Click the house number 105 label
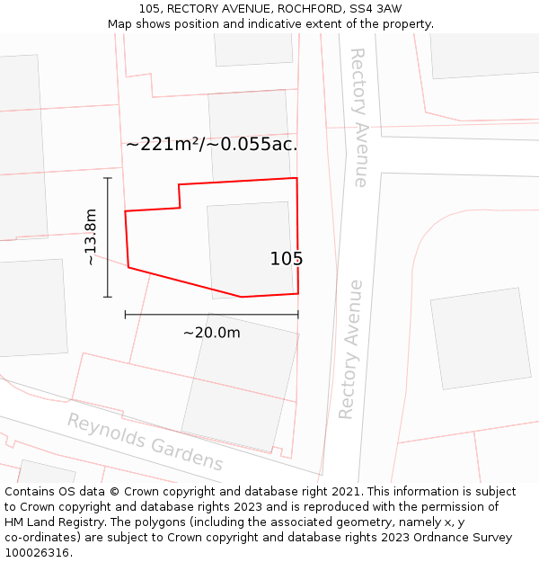coord(287,259)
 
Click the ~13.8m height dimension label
coord(91,236)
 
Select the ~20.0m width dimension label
coord(212,333)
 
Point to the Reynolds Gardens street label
coord(145,442)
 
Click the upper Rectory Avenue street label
coord(358,117)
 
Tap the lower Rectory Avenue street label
coord(351,349)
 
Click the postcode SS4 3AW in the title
coord(377,9)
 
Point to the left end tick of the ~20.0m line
coord(125,315)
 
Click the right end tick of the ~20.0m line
coord(298,315)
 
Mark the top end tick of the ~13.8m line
coord(108,178)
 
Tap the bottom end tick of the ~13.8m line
coord(108,297)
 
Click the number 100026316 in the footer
coord(36,552)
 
